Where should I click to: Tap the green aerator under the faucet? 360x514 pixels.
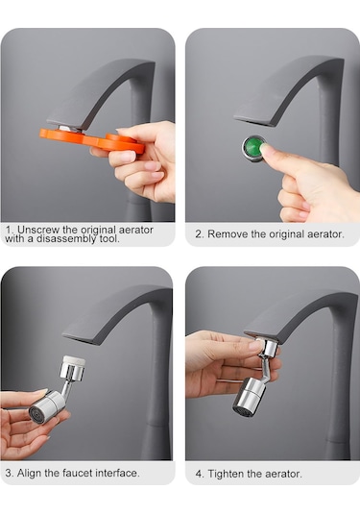pyautogui.click(x=253, y=148)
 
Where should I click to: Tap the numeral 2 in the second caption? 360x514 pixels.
pyautogui.click(x=198, y=234)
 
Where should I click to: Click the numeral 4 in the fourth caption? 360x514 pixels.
pyautogui.click(x=199, y=475)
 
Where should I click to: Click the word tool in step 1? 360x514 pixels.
pyautogui.click(x=109, y=238)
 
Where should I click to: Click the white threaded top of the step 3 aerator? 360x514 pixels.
pyautogui.click(x=73, y=360)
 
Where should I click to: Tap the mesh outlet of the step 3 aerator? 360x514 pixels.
pyautogui.click(x=36, y=414)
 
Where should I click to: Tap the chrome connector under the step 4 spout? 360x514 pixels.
pyautogui.click(x=269, y=348)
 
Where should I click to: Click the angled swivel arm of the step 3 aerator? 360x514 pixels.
pyautogui.click(x=66, y=388)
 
